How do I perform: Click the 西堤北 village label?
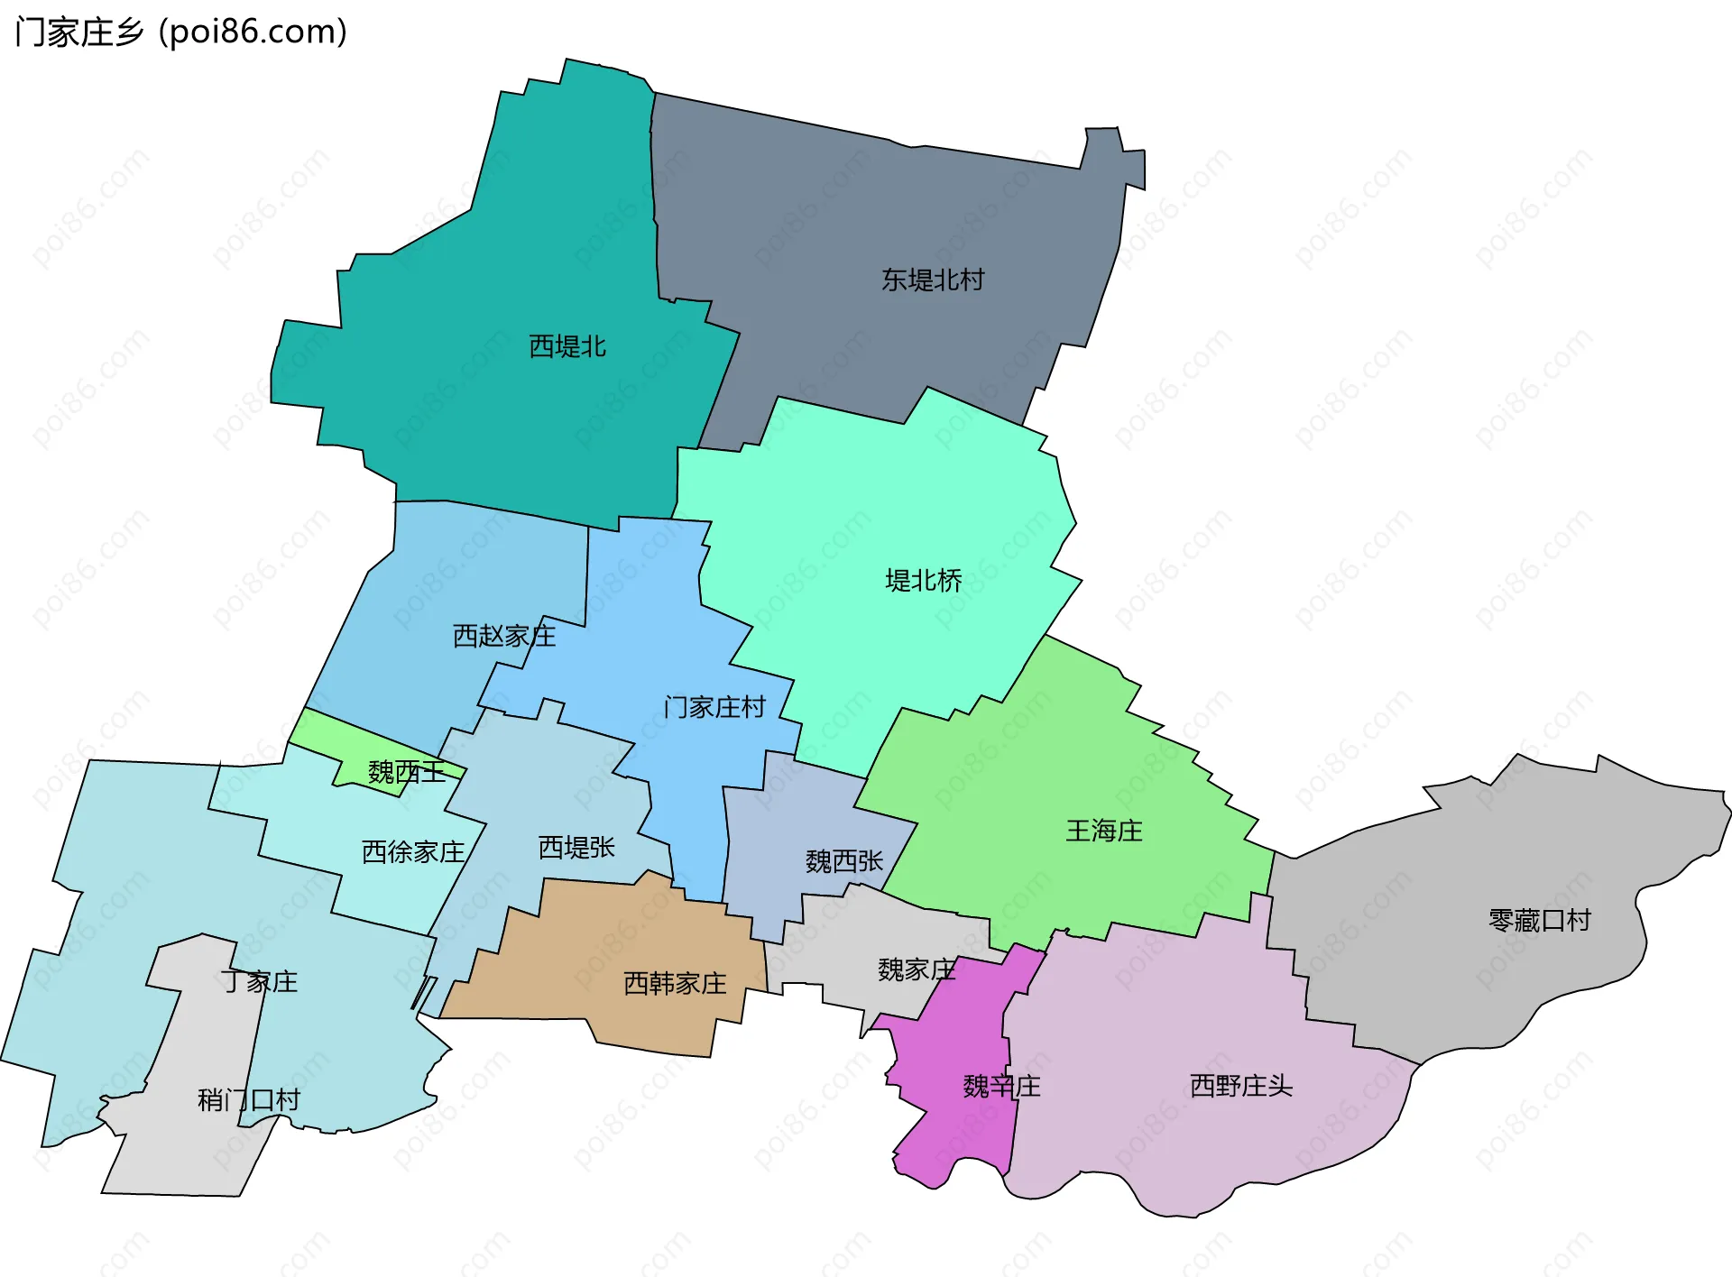click(567, 346)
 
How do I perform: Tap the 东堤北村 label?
click(933, 280)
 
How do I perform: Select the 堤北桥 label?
click(924, 580)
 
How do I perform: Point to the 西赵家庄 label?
click(504, 636)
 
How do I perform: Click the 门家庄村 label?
click(714, 707)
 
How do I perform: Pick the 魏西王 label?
click(406, 772)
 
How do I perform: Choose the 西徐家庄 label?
click(413, 851)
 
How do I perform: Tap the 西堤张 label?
click(576, 847)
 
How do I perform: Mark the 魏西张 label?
click(844, 861)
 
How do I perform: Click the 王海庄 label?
click(1104, 831)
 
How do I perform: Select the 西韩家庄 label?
click(675, 983)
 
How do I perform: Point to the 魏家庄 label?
click(917, 969)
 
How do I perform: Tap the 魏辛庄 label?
click(1001, 1086)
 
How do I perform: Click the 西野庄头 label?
click(1241, 1085)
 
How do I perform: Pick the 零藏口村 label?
click(1540, 921)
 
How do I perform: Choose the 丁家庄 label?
click(260, 981)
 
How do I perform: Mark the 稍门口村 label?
click(249, 1099)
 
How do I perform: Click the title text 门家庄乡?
click(79, 32)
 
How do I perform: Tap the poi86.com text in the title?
click(253, 32)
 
